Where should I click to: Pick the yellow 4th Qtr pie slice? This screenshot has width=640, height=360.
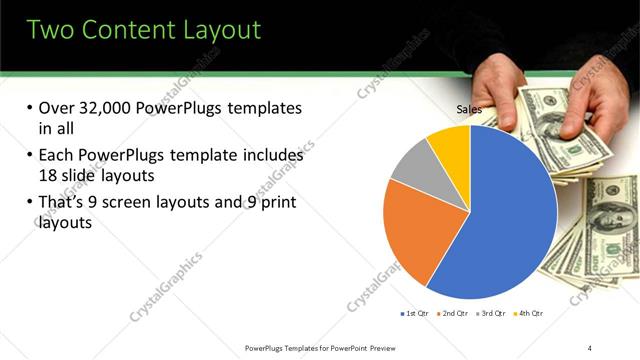click(x=451, y=145)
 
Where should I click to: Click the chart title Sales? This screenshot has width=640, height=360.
click(x=469, y=109)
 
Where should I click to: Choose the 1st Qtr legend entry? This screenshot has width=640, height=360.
click(x=414, y=314)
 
